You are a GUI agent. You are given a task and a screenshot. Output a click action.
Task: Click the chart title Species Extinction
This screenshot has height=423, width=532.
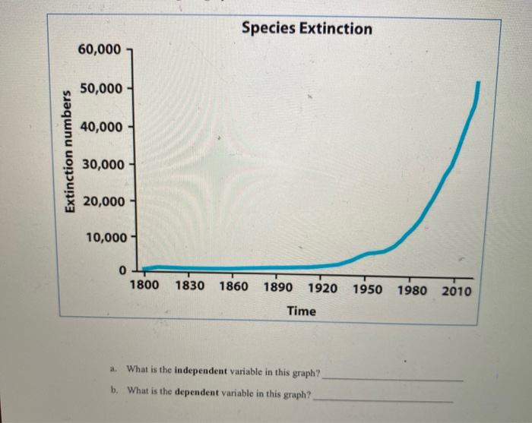pos(307,29)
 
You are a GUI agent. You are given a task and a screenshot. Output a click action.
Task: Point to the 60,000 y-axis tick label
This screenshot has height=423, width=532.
pos(99,50)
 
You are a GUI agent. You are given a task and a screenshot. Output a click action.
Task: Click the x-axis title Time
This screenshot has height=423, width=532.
pos(302,311)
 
